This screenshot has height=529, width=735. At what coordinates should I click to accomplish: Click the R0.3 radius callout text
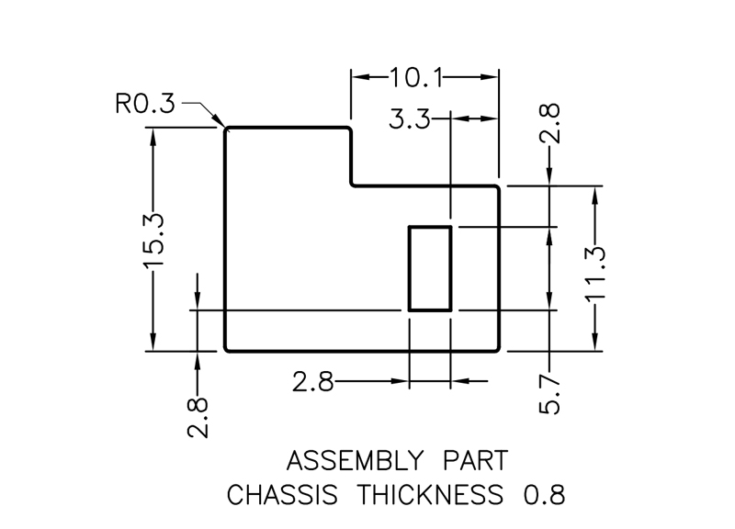click(x=144, y=104)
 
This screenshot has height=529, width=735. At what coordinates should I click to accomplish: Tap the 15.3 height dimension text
click(x=153, y=240)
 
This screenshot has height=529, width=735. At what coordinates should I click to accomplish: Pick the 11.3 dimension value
click(x=595, y=270)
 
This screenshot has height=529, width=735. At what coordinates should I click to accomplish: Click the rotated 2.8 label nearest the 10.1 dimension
click(x=549, y=124)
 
